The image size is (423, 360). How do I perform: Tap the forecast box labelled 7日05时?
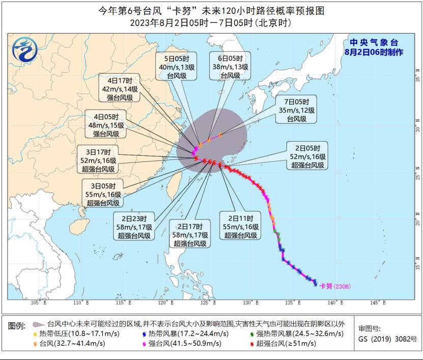click(x=296, y=109)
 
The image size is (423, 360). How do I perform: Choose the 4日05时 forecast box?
click(x=106, y=125)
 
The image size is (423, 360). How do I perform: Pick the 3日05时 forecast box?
click(x=103, y=194)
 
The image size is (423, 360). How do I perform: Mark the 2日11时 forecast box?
click(x=241, y=227)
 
